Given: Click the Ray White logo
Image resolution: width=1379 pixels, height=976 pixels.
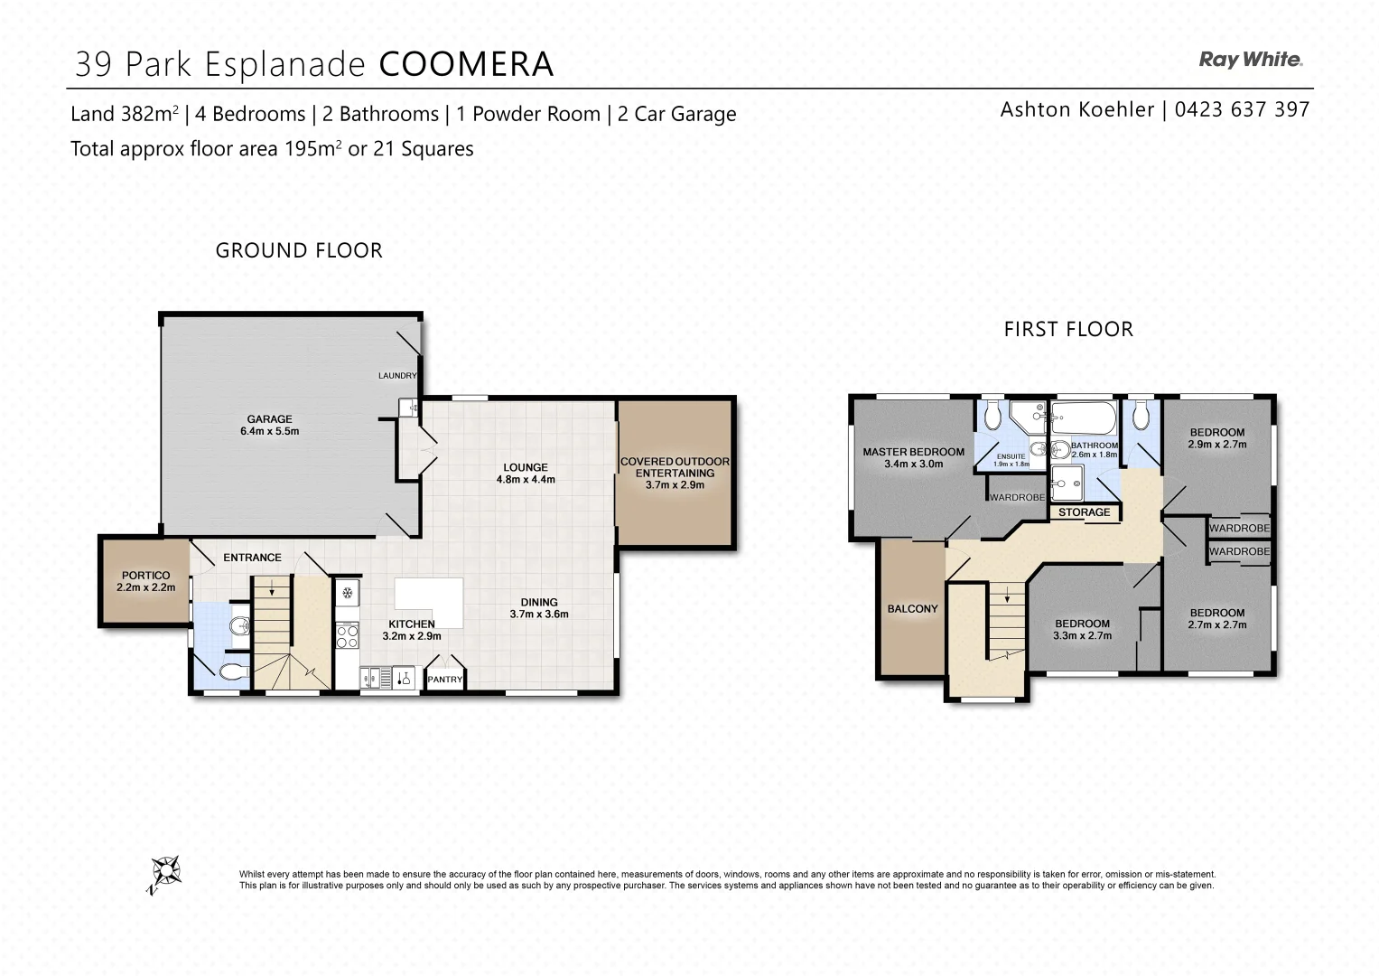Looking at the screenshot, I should coord(1250,61).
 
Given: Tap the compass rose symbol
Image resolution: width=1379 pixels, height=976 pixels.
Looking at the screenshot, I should coord(165,873).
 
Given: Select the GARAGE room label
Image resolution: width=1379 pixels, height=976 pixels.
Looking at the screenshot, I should coord(269,418).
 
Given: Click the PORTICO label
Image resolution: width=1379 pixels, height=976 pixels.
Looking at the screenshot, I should coord(145,575).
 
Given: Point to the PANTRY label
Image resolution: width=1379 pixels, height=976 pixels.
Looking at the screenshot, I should coord(444,680).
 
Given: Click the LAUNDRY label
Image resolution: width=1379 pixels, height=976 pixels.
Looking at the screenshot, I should coord(396,376).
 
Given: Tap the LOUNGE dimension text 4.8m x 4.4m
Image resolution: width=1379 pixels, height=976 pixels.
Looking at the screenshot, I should coord(526,480).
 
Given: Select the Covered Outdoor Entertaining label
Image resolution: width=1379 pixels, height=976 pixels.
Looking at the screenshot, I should coord(675,467).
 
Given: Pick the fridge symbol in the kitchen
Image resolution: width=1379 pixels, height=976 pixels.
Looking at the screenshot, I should coord(347,594).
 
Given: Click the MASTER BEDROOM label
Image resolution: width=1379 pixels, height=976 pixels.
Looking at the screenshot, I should coord(913,452).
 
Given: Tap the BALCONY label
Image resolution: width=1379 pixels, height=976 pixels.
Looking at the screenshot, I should coord(912,609).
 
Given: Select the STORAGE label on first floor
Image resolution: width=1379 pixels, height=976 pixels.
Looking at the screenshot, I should coord(1084,512).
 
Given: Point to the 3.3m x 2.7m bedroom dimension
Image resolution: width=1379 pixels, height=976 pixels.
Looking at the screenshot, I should coord(1082,636).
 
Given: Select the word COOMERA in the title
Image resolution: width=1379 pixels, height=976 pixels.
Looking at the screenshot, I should coord(465,64).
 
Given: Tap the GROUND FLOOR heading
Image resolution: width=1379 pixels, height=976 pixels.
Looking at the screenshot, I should coord(299,250).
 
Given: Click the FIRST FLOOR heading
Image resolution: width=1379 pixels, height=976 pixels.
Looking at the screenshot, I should coord(1068,329).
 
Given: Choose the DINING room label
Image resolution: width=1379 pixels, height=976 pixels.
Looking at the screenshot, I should coord(539,602).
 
